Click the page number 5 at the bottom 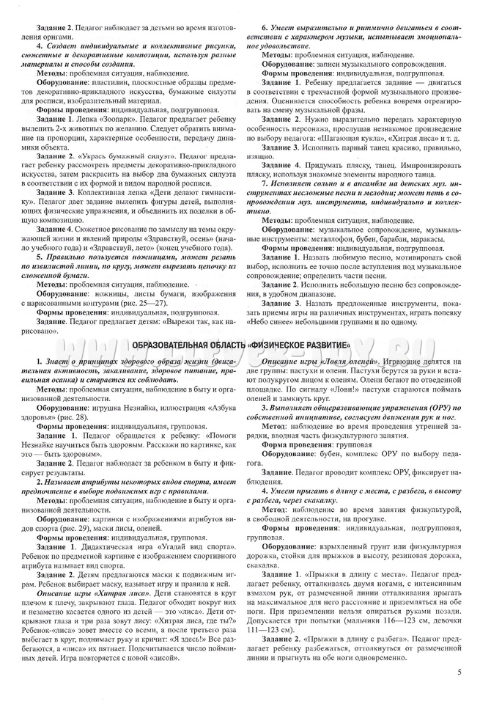[x=459, y=672]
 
